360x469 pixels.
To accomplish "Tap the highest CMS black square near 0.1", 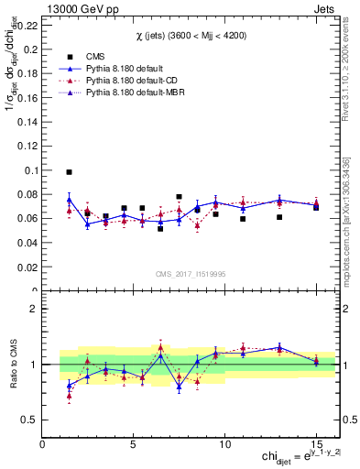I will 69,171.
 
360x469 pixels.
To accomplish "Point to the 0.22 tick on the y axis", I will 28,25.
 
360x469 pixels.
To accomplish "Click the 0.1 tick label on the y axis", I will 31,170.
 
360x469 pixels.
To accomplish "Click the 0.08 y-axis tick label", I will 28,194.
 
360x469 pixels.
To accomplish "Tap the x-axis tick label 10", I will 224,443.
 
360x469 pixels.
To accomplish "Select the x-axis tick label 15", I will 315,443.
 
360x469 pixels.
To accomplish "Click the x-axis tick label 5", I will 134,443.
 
